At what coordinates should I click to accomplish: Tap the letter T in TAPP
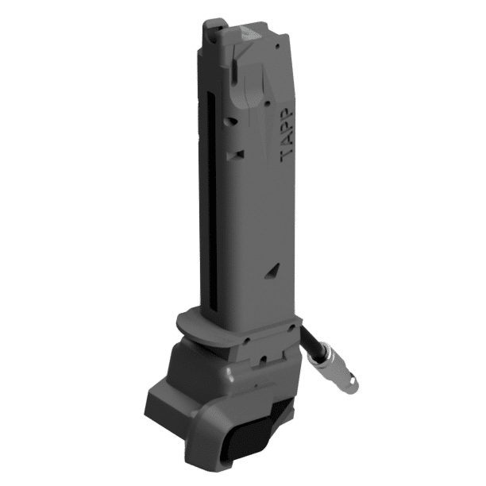click(x=287, y=156)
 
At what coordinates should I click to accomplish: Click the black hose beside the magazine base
click(x=310, y=336)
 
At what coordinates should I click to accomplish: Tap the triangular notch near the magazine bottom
click(x=272, y=270)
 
